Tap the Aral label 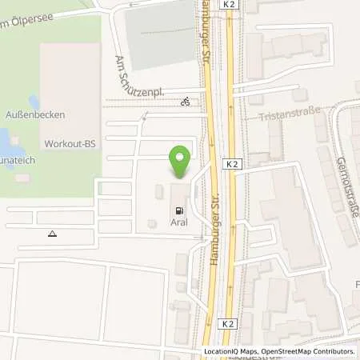[179, 222]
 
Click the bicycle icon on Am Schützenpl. [186, 102]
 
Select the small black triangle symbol [53, 234]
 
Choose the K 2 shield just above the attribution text [229, 324]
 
